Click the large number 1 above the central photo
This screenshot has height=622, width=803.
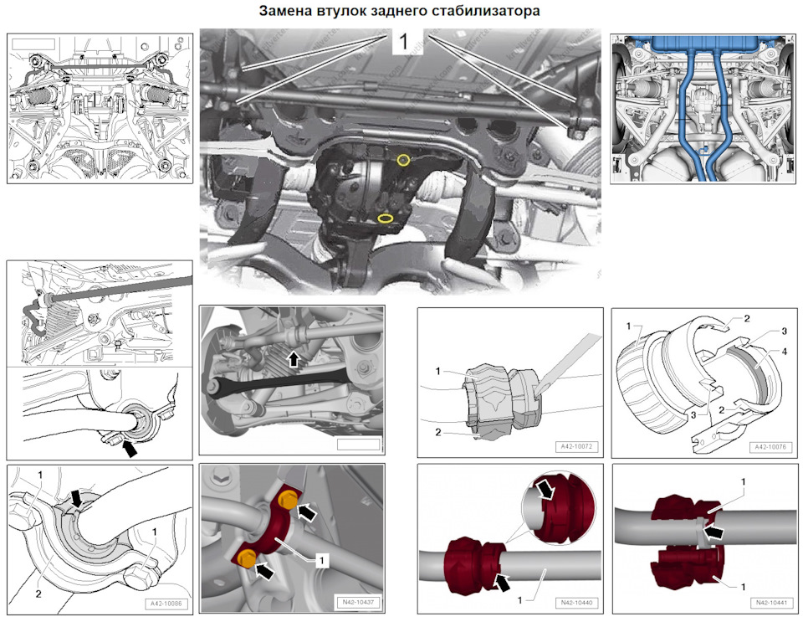point(402,43)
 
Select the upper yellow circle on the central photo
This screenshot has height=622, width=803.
point(403,159)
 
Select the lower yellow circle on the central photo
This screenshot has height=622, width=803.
point(386,218)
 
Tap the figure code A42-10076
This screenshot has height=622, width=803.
point(773,447)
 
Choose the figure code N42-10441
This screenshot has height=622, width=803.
point(773,603)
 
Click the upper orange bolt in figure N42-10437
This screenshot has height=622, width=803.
point(287,501)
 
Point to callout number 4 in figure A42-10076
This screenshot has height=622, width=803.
point(760,353)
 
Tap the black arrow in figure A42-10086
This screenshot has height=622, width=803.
point(78,499)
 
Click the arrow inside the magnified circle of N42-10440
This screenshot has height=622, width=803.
point(547,491)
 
